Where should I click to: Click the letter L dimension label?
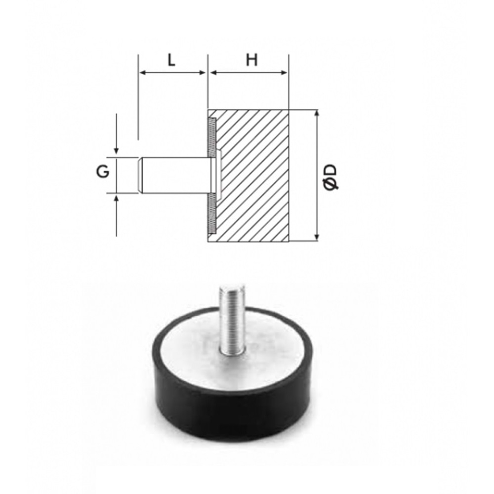point(171,60)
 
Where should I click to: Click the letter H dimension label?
point(252,60)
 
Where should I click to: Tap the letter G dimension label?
point(103,172)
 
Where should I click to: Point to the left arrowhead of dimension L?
point(142,73)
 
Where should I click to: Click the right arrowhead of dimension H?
point(284,73)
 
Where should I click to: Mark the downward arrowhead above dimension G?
point(117,151)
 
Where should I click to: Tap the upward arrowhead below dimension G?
point(117,198)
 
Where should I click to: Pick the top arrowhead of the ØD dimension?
point(317,114)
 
